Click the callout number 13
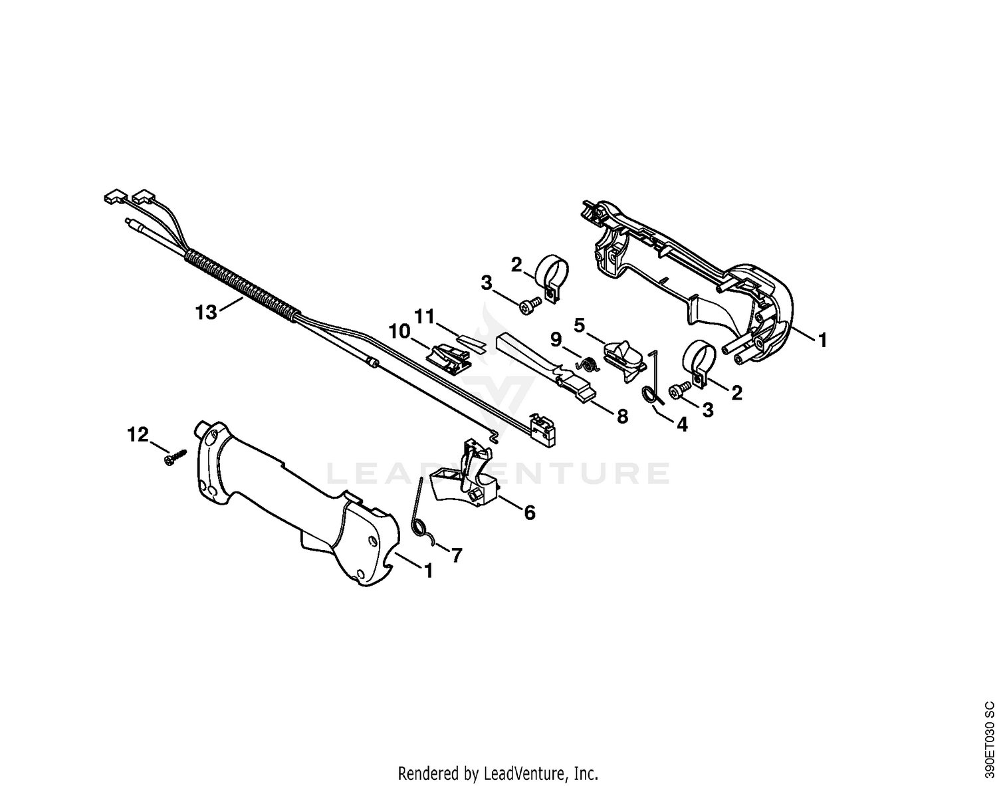(x=206, y=313)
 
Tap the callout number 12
(x=138, y=435)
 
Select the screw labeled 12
(x=175, y=456)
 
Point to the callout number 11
(x=424, y=317)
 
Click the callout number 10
(x=399, y=332)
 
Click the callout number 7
(x=457, y=555)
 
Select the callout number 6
(x=529, y=513)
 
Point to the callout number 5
(x=579, y=325)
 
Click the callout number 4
(x=682, y=424)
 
